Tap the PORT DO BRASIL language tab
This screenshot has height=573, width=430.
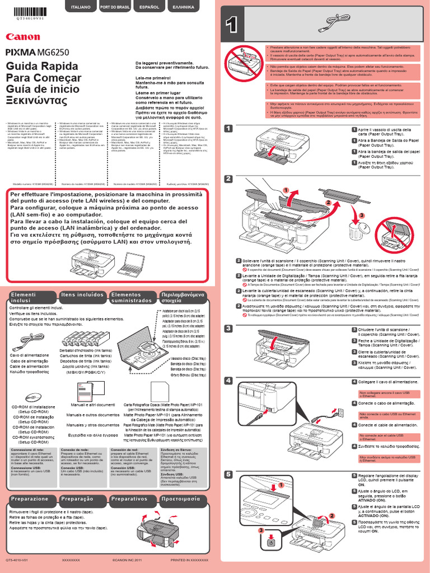coord(115,8)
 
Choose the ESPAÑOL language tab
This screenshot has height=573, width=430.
coord(149,8)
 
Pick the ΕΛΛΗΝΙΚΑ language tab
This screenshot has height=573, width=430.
coord(183,8)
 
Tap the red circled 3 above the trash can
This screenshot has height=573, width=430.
coord(362,215)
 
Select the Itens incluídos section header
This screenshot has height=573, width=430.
coord(82,294)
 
